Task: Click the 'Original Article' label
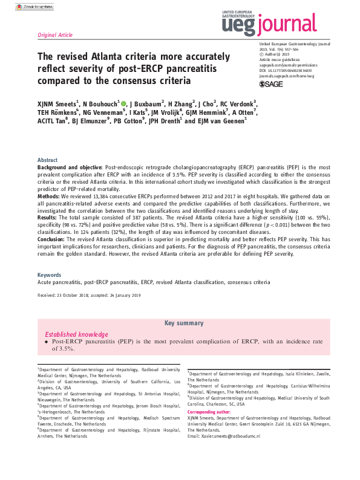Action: pyautogui.click(x=55, y=35)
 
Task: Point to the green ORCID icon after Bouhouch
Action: pyautogui.click(x=123, y=104)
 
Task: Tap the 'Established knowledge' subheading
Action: pyautogui.click(x=77, y=334)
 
